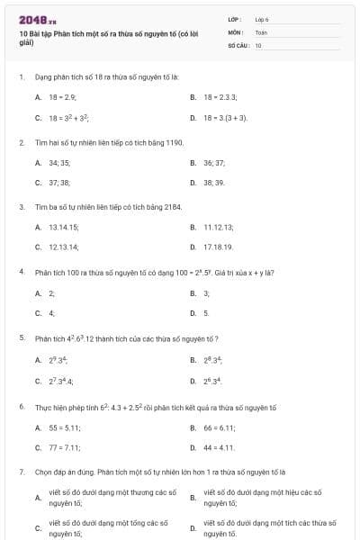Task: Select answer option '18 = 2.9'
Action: [x=63, y=96]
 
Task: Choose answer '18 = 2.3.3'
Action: [x=221, y=96]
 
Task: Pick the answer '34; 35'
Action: [x=59, y=163]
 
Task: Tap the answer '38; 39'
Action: [x=214, y=183]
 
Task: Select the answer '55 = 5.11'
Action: [x=65, y=427]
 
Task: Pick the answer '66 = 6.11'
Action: [x=220, y=427]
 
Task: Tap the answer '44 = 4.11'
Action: [x=220, y=447]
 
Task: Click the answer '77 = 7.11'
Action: [x=65, y=447]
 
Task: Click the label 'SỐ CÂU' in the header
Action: [x=238, y=44]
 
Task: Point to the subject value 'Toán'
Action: [x=261, y=31]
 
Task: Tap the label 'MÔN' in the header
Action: [x=235, y=31]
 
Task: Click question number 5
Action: [x=22, y=337]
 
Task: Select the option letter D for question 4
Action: [x=193, y=313]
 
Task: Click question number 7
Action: [x=22, y=472]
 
